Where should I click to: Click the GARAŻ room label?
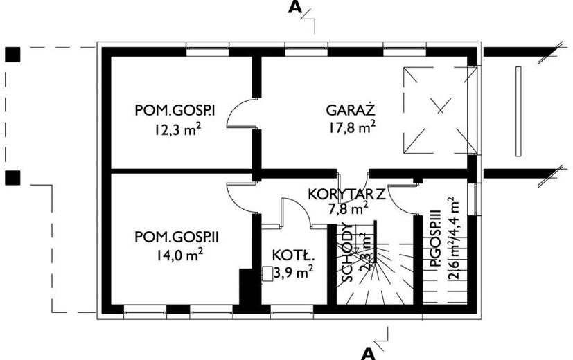coord(351,110)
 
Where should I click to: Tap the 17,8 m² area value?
coord(352,127)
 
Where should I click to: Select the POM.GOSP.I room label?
coord(176,110)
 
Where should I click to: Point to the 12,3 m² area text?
coord(177,127)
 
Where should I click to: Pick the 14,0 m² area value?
coord(178,254)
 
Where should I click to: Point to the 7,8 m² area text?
coord(348,208)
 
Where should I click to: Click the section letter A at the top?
coord(296,8)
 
